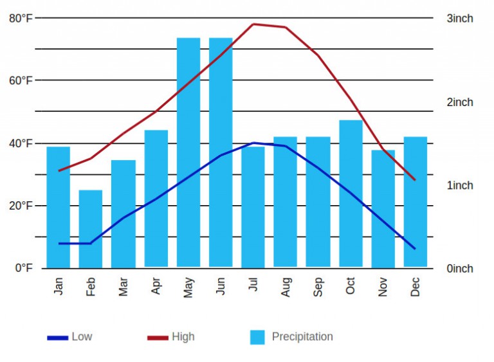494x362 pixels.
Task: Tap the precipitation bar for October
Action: pyautogui.click(x=351, y=193)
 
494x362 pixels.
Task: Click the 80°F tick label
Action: pyautogui.click(x=21, y=18)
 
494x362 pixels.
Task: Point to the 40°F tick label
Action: pyautogui.click(x=21, y=143)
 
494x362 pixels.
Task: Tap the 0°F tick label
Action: pyautogui.click(x=23, y=268)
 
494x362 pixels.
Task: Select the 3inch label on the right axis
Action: pyautogui.click(x=460, y=18)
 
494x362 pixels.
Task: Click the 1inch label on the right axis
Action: pyautogui.click(x=460, y=185)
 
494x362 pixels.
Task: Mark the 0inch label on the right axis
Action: pyautogui.click(x=460, y=268)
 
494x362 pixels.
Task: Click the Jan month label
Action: pyautogui.click(x=59, y=286)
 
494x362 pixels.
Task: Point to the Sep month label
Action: pyautogui.click(x=318, y=286)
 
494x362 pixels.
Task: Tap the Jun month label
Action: pyautogui.click(x=221, y=286)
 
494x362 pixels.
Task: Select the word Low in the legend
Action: pyautogui.click(x=82, y=337)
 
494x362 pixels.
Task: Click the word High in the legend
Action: pyautogui.click(x=183, y=337)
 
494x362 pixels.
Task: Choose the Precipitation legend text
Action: pyautogui.click(x=302, y=337)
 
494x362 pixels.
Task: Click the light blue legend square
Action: pyautogui.click(x=257, y=337)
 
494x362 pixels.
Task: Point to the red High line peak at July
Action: pyautogui.click(x=253, y=24)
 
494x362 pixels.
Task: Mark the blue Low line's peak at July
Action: pyautogui.click(x=253, y=143)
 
